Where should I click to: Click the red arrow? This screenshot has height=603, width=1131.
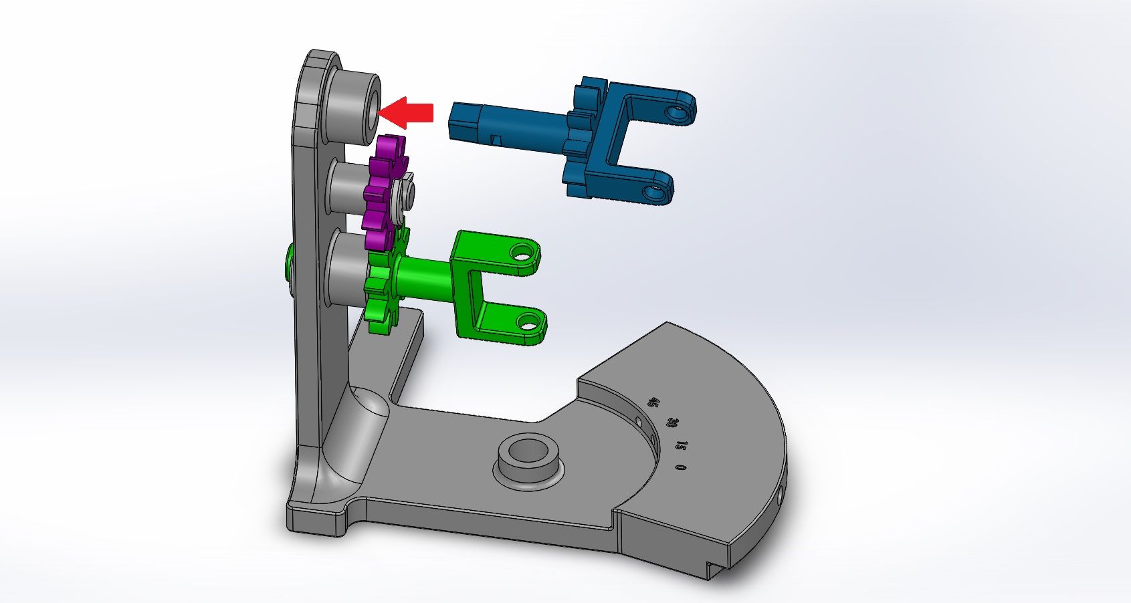pyautogui.click(x=409, y=112)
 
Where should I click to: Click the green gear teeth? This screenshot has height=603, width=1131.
pyautogui.click(x=379, y=294)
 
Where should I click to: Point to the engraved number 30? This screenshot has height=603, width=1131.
pyautogui.click(x=672, y=423)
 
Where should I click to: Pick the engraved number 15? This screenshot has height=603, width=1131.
pyautogui.click(x=681, y=445)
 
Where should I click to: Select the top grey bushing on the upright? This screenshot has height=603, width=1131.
pyautogui.click(x=351, y=104)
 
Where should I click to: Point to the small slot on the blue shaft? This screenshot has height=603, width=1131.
pyautogui.click(x=495, y=139)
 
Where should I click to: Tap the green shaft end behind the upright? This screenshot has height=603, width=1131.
pyautogui.click(x=290, y=262)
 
